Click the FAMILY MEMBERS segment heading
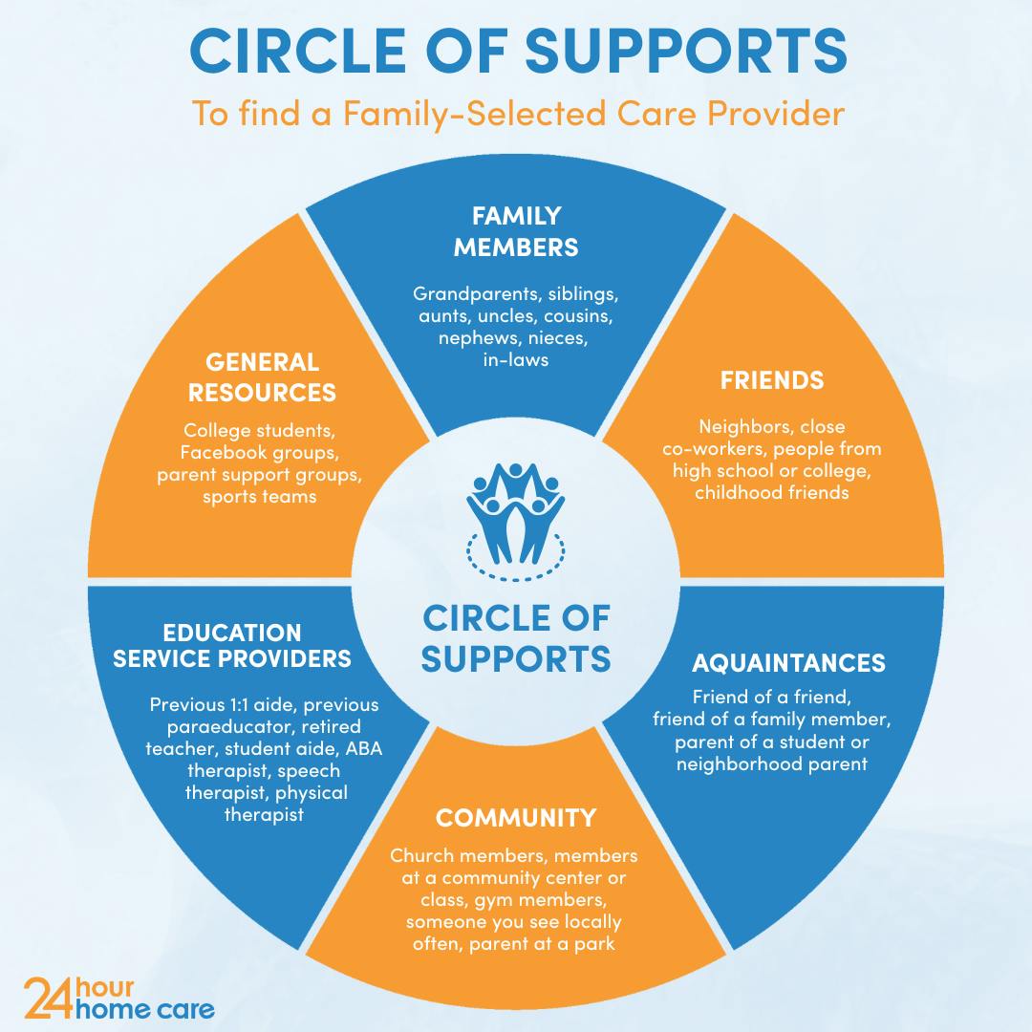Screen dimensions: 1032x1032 pyautogui.click(x=516, y=231)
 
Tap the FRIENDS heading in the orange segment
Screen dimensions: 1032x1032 pyautogui.click(x=772, y=379)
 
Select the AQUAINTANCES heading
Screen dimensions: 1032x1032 pyautogui.click(x=788, y=662)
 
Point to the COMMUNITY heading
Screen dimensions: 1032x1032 pyautogui.click(x=516, y=818)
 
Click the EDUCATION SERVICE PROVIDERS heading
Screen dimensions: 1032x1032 pyautogui.click(x=232, y=646)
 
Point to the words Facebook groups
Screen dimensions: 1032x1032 pyautogui.click(x=260, y=452)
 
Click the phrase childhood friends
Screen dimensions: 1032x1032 pyautogui.click(x=772, y=493)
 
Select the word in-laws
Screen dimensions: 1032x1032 pyautogui.click(x=516, y=359)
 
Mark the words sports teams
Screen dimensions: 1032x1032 pyautogui.click(x=260, y=497)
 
